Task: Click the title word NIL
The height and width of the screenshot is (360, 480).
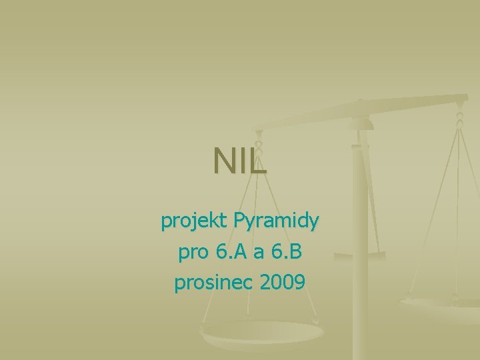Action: [240, 161]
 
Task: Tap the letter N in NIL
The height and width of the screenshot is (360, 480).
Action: [224, 161]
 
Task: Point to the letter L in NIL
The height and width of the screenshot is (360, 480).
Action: [259, 161]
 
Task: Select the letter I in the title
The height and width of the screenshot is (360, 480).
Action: [242, 161]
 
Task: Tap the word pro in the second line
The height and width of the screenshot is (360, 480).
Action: [193, 253]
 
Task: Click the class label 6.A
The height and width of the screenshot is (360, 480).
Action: [231, 252]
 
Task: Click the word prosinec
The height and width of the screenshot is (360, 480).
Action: [213, 283]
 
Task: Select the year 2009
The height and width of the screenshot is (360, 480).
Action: [283, 283]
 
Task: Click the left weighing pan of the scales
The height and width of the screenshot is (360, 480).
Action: [260, 333]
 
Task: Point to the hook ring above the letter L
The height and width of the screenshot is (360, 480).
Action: [259, 142]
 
